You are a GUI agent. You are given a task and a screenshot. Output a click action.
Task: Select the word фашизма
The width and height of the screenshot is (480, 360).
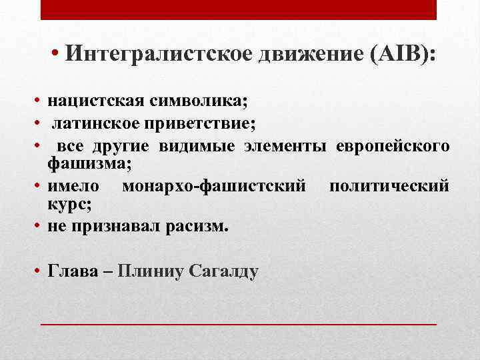click(89, 162)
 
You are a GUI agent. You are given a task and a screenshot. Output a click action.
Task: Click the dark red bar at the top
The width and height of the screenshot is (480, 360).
click(239, 10)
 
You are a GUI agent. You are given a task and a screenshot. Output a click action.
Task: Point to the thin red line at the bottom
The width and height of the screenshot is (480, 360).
click(239, 323)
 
